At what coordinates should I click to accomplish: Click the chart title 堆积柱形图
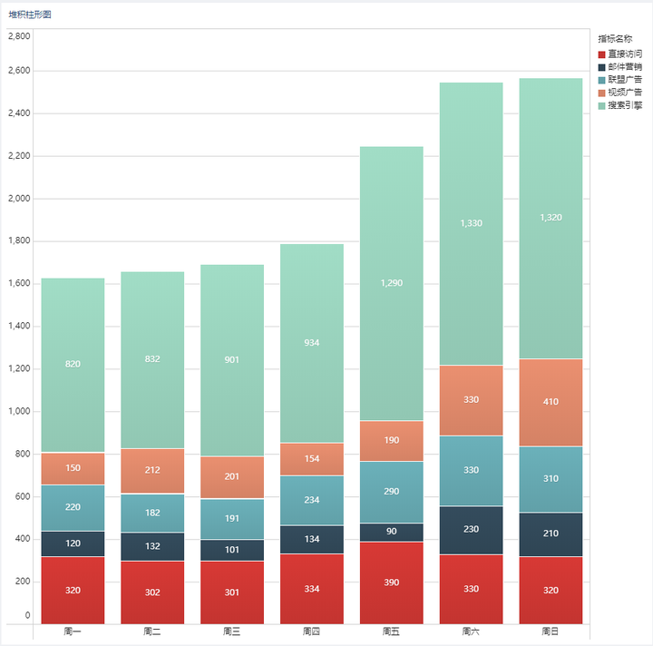(x=30, y=15)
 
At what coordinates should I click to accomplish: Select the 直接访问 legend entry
(x=620, y=54)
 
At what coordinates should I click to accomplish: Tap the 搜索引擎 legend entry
(x=620, y=105)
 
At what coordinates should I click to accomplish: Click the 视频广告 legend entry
(x=620, y=93)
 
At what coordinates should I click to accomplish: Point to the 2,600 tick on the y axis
(x=19, y=71)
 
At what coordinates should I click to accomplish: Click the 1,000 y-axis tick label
(x=19, y=411)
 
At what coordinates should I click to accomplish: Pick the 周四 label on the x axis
(x=311, y=631)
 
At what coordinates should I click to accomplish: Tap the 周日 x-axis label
(x=551, y=631)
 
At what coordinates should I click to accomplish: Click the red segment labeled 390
(x=392, y=582)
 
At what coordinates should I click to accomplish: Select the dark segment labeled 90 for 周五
(x=392, y=532)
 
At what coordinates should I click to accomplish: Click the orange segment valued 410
(x=551, y=402)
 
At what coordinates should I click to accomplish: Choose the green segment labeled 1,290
(x=392, y=283)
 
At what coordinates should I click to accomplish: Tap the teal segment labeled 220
(x=73, y=508)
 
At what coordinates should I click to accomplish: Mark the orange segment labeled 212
(x=152, y=471)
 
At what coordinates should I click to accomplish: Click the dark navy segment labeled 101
(x=232, y=550)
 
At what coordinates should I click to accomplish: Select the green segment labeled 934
(x=311, y=343)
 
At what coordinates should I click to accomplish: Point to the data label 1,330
(x=471, y=223)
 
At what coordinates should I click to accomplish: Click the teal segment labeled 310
(x=551, y=479)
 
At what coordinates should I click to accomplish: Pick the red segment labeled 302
(x=152, y=592)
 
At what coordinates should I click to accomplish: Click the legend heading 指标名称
(x=615, y=39)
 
